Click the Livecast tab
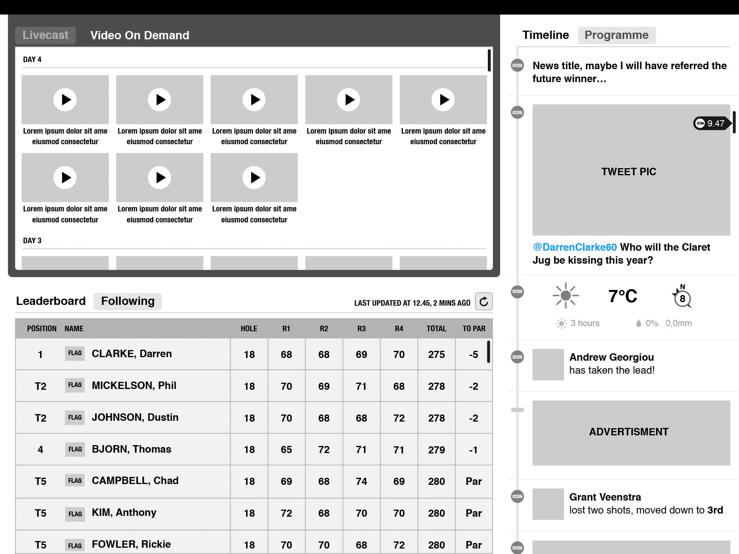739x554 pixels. pyautogui.click(x=46, y=35)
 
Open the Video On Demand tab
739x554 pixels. pyautogui.click(x=140, y=35)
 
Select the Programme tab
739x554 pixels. pyautogui.click(x=616, y=35)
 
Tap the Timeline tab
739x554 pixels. pyautogui.click(x=546, y=35)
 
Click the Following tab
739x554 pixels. pyautogui.click(x=128, y=301)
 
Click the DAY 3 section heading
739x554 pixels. pyautogui.click(x=32, y=240)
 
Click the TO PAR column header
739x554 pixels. pyautogui.click(x=474, y=328)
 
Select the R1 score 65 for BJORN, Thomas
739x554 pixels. pyautogui.click(x=286, y=449)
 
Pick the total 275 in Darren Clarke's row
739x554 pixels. pyautogui.click(x=436, y=354)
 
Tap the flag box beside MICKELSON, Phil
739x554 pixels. pyautogui.click(x=75, y=385)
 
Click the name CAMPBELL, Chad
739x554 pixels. pyautogui.click(x=135, y=481)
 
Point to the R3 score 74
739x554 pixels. pyautogui.click(x=361, y=481)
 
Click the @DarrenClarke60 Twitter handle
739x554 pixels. pyautogui.click(x=575, y=247)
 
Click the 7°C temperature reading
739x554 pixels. pyautogui.click(x=623, y=296)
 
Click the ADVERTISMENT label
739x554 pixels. pyautogui.click(x=629, y=432)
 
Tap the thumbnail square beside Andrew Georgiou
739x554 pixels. pyautogui.click(x=548, y=364)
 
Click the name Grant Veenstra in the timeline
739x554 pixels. pyautogui.click(x=605, y=497)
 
